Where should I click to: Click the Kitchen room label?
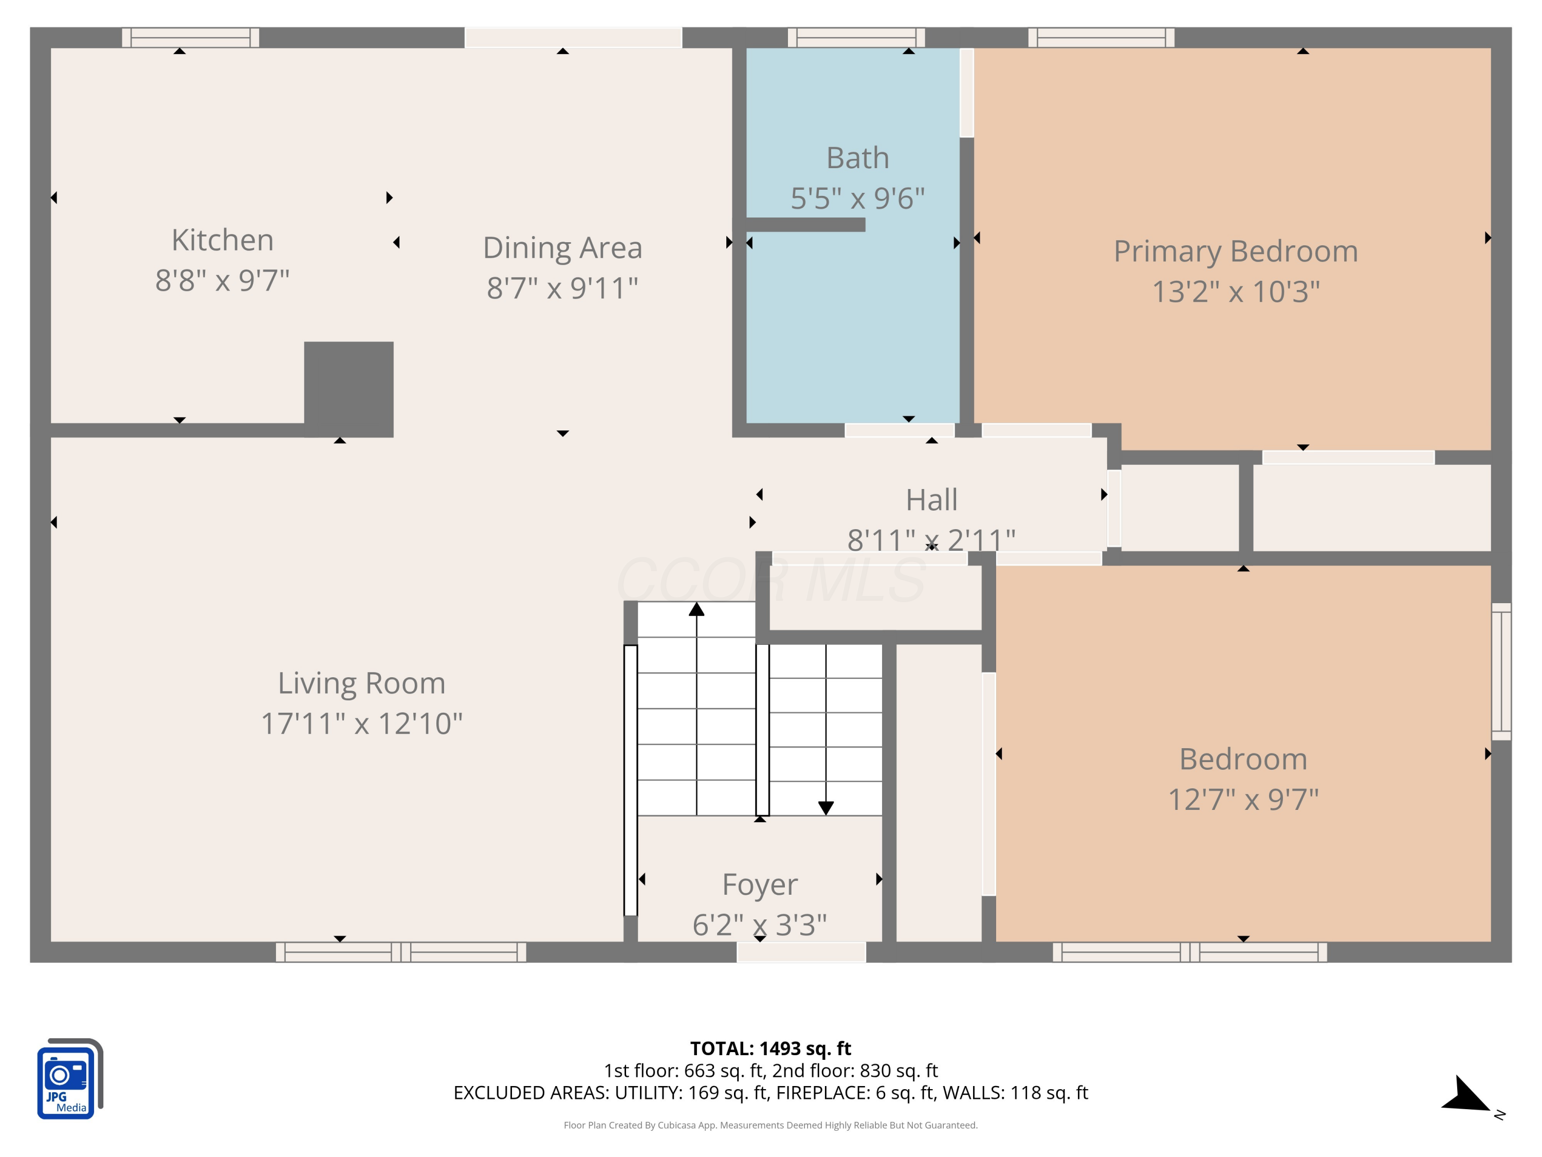pyautogui.click(x=223, y=240)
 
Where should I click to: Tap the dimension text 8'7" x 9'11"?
pyautogui.click(x=562, y=288)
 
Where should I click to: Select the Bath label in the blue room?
pyautogui.click(x=857, y=158)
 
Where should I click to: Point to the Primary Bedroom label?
pyautogui.click(x=1235, y=251)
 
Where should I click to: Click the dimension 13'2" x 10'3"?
pyautogui.click(x=1235, y=292)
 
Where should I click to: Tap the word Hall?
pyautogui.click(x=931, y=499)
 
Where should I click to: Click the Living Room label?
pyautogui.click(x=361, y=683)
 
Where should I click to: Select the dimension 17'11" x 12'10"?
pyautogui.click(x=361, y=723)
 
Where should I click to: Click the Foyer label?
pyautogui.click(x=760, y=884)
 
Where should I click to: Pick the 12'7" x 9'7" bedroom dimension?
pyautogui.click(x=1243, y=799)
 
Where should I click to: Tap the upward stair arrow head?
pyautogui.click(x=696, y=609)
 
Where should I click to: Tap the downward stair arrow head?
pyautogui.click(x=826, y=808)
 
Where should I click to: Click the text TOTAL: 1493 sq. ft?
pyautogui.click(x=770, y=1048)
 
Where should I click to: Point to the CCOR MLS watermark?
pyautogui.click(x=770, y=580)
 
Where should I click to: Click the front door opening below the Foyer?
pyautogui.click(x=801, y=952)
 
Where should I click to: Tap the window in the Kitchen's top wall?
pyautogui.click(x=190, y=38)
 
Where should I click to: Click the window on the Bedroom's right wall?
pyautogui.click(x=1501, y=671)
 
